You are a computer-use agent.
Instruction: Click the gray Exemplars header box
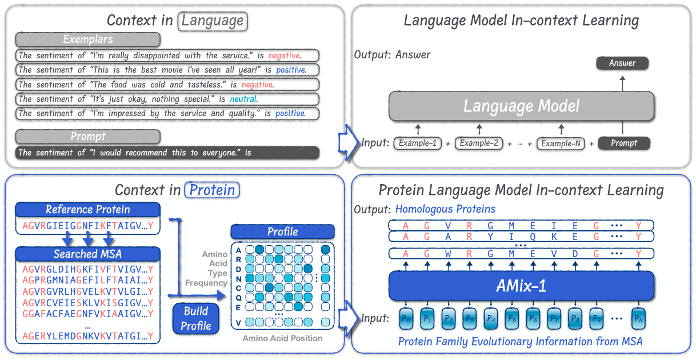pyautogui.click(x=88, y=39)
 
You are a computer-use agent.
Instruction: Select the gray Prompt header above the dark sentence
pyautogui.click(x=88, y=137)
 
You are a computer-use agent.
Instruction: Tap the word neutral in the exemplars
pyautogui.click(x=243, y=99)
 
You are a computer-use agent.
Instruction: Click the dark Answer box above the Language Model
pyautogui.click(x=622, y=63)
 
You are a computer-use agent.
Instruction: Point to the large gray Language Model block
pyautogui.click(x=521, y=106)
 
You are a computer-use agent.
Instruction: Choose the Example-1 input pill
pyautogui.click(x=417, y=143)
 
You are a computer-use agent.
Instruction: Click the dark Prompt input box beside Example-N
pyautogui.click(x=624, y=143)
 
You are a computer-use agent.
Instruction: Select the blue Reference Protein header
pyautogui.click(x=88, y=210)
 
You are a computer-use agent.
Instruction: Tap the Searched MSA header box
pyautogui.click(x=88, y=254)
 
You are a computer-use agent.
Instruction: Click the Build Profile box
pyautogui.click(x=196, y=319)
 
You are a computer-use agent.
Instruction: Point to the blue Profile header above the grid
pyautogui.click(x=282, y=231)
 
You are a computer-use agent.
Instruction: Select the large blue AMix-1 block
pyautogui.click(x=521, y=286)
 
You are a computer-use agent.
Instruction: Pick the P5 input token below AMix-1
pyautogui.click(x=512, y=318)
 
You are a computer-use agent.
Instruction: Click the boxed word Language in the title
pyautogui.click(x=213, y=22)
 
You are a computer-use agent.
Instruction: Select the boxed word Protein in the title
pyautogui.click(x=213, y=190)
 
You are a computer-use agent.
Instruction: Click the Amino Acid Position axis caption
pyautogui.click(x=282, y=338)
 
